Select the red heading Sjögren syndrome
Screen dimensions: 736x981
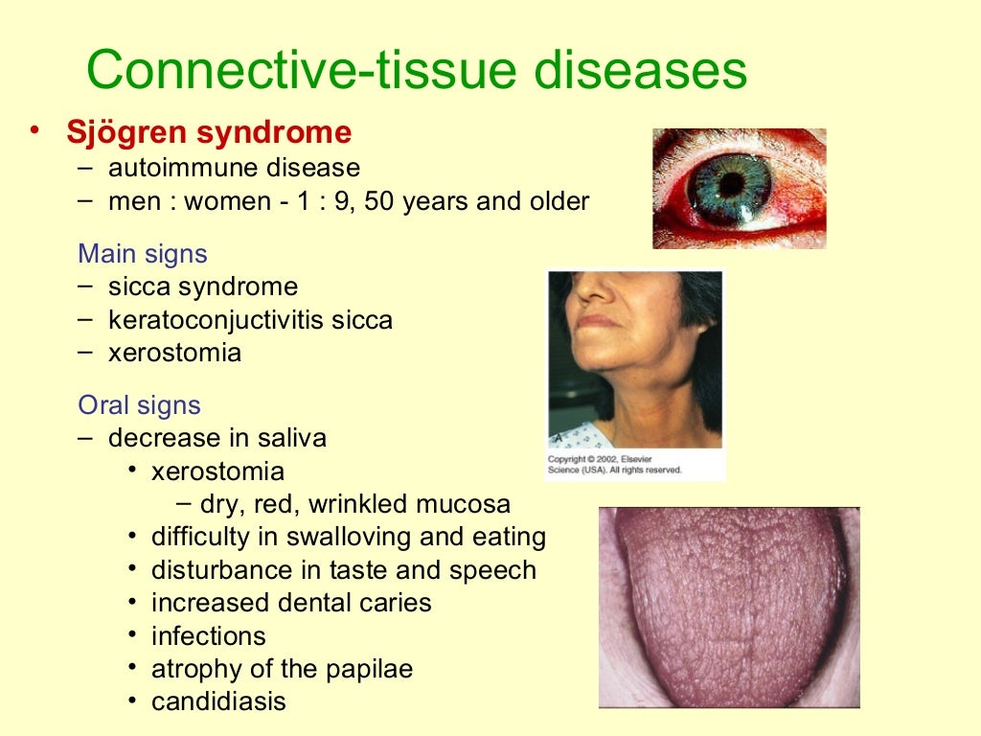point(209,132)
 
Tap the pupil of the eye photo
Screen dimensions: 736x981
point(732,183)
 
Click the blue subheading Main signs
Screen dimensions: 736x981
point(143,254)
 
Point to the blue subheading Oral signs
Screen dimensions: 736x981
point(140,404)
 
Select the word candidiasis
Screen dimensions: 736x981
point(218,701)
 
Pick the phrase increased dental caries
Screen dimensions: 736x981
point(291,603)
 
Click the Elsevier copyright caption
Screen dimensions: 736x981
point(614,465)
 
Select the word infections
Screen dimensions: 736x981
point(208,635)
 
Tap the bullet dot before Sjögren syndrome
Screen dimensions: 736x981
point(35,131)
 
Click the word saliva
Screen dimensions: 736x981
point(291,438)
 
